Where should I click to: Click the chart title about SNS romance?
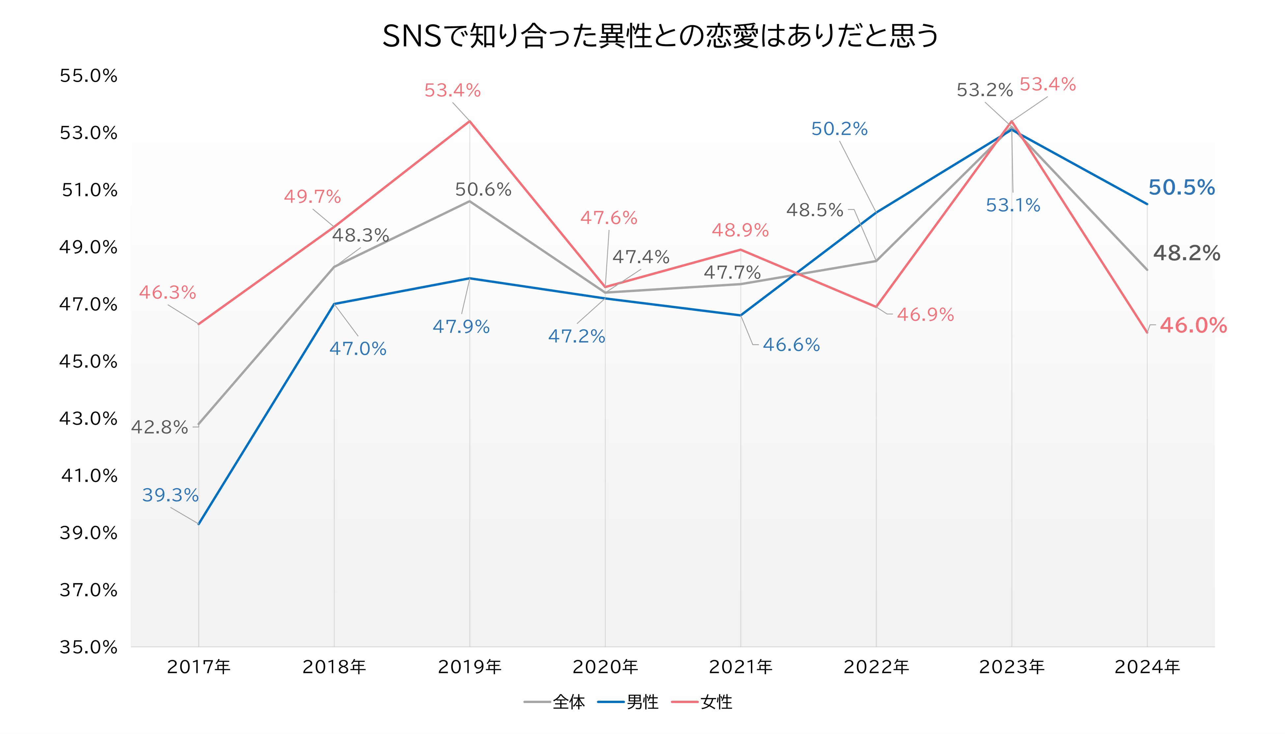(x=660, y=36)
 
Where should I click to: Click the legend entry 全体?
(x=568, y=702)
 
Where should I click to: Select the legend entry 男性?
(x=642, y=702)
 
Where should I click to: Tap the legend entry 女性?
(x=716, y=702)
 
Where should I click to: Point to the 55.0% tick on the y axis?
(x=88, y=76)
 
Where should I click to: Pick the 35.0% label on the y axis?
(x=88, y=647)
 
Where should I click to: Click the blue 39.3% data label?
(x=170, y=495)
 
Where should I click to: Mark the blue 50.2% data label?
(x=839, y=129)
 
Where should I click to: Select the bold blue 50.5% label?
(x=1182, y=187)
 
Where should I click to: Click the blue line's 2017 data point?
(x=199, y=524)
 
